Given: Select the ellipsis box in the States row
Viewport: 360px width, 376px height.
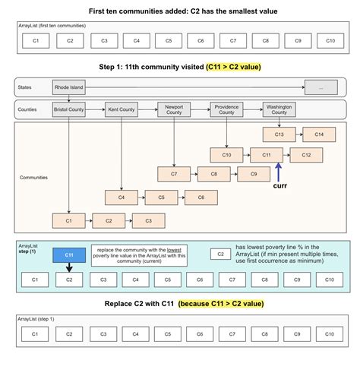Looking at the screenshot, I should coord(322,88).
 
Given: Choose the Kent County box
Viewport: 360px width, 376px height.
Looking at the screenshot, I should coord(122,109).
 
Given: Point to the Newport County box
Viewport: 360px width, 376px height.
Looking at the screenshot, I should coord(174,109).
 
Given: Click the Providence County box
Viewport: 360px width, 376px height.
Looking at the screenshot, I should coord(226,109).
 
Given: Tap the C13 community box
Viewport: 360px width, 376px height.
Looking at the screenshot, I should coord(278,134).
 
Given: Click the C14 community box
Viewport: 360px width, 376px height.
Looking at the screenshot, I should coord(319,134).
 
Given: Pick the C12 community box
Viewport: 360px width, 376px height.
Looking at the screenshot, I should coord(306,155).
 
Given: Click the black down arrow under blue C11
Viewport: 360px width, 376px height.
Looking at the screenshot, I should coord(68,268).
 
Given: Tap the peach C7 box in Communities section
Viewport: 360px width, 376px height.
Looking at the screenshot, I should coord(174,175).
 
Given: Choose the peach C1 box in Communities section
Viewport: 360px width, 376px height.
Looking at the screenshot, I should coord(68,220).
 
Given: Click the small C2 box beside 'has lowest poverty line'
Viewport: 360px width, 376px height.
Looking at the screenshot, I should coord(219,254).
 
